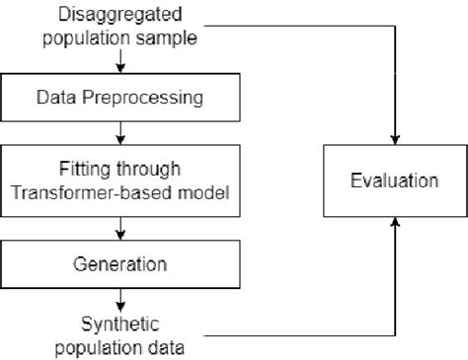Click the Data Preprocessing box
click(120, 98)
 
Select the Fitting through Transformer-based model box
click(120, 181)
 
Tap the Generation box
click(120, 264)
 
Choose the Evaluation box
click(395, 180)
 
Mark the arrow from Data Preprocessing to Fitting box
click(120, 132)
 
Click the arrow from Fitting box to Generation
click(120, 230)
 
